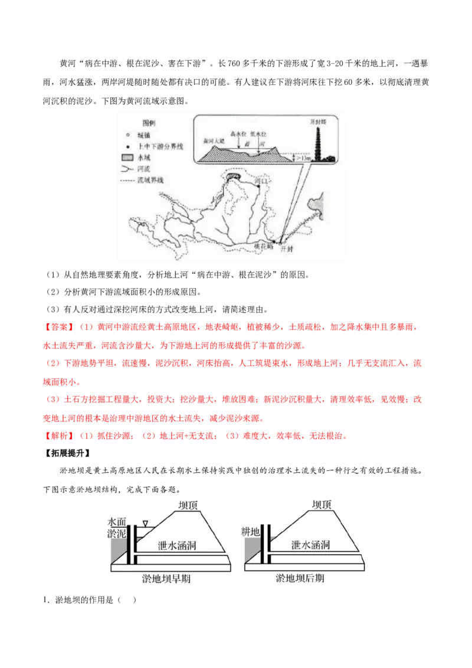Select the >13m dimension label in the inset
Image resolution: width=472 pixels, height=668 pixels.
304,158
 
